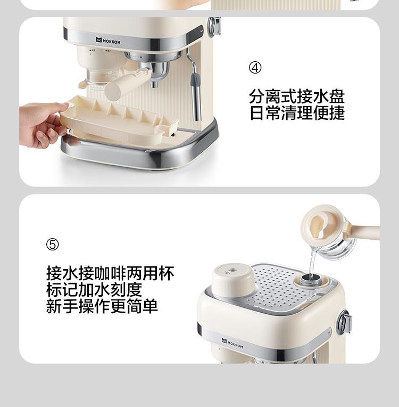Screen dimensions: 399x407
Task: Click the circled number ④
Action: click(255, 68)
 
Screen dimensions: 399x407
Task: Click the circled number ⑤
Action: click(52, 245)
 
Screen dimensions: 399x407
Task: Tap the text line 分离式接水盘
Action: click(297, 96)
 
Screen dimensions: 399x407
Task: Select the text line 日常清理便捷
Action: click(297, 112)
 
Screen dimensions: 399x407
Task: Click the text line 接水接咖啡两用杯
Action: click(110, 273)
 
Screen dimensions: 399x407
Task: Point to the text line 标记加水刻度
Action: click(94, 290)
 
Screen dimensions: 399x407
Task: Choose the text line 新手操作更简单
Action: click(102, 306)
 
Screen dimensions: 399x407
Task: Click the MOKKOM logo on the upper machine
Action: click(108, 40)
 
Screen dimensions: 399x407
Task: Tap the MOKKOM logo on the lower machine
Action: click(232, 343)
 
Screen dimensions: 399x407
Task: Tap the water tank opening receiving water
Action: click(311, 280)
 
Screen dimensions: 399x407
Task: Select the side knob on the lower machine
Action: click(345, 322)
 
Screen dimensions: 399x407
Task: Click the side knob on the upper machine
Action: click(214, 26)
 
